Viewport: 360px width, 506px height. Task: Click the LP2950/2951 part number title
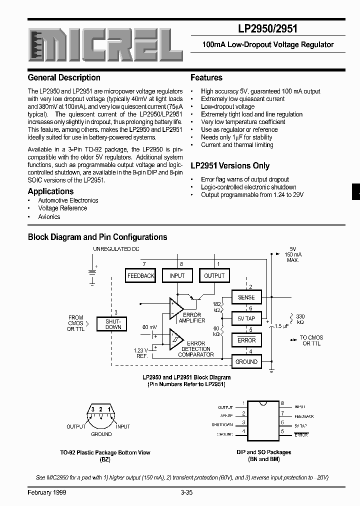click(265, 28)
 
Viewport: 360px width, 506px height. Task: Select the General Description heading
click(64, 77)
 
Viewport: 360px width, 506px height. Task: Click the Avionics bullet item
click(49, 217)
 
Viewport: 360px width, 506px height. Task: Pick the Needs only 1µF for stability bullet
click(236, 137)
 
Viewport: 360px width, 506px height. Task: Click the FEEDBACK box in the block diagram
click(141, 275)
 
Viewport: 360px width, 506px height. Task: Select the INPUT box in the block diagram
click(177, 275)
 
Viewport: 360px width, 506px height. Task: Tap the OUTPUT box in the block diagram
click(214, 275)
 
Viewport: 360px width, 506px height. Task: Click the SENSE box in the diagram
click(246, 297)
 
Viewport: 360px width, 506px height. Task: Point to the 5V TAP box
click(246, 318)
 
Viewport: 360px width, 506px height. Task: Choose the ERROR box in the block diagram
click(246, 340)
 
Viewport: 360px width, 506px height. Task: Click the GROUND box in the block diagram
click(246, 361)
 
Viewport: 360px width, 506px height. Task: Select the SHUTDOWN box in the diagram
click(113, 324)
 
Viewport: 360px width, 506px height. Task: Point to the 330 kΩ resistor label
click(300, 319)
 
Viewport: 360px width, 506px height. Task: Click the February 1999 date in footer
click(47, 492)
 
